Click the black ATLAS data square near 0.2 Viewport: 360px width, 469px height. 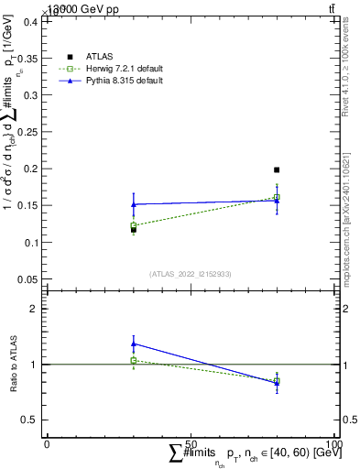[277, 169]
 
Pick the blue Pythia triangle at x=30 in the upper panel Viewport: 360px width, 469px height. [134, 204]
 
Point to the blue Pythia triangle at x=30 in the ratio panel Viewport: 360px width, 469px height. [134, 344]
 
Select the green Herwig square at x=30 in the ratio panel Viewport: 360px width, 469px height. [134, 360]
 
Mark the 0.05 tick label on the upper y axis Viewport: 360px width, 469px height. [27, 279]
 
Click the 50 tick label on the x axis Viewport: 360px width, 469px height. [191, 444]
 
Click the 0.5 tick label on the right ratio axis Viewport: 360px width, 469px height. [350, 420]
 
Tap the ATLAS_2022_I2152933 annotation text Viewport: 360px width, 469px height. [190, 274]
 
